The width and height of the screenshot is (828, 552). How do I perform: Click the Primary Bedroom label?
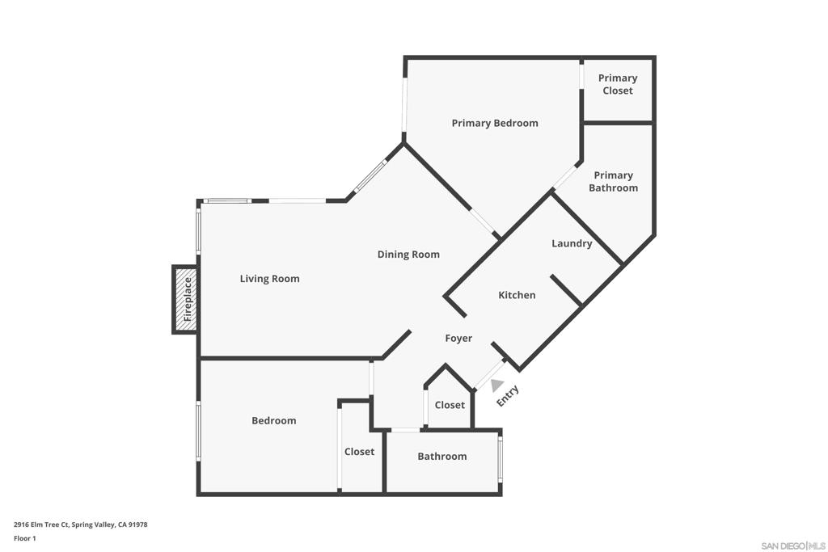[x=495, y=124]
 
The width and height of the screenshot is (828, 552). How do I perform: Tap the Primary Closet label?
[x=617, y=84]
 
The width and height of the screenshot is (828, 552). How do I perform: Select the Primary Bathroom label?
[x=613, y=182]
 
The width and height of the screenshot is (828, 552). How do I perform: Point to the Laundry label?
[x=572, y=243]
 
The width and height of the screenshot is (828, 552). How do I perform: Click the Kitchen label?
[x=517, y=295]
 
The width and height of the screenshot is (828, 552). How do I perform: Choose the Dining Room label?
[x=408, y=255]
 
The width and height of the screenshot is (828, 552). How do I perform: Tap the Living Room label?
[x=269, y=279]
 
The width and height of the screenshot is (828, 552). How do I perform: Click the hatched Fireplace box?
[x=185, y=299]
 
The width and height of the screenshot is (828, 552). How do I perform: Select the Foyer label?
[x=458, y=339]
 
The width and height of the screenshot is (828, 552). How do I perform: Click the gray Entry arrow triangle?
[x=496, y=386]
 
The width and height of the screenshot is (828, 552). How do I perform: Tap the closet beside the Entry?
[x=450, y=405]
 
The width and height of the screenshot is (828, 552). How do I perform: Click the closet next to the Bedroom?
[x=359, y=452]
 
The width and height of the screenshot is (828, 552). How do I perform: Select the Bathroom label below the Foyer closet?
[x=442, y=457]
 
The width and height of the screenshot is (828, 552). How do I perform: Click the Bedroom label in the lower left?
[x=273, y=420]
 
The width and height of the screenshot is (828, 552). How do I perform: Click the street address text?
[x=81, y=525]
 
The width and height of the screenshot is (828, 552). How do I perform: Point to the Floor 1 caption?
[x=25, y=538]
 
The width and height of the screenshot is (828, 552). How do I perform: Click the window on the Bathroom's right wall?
[x=500, y=459]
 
